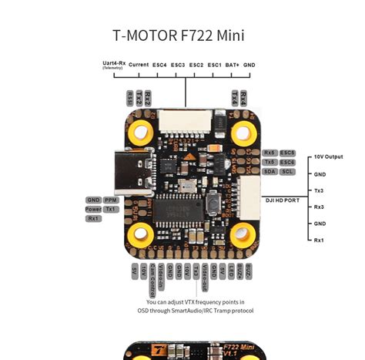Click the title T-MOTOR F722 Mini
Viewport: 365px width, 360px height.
[183, 35]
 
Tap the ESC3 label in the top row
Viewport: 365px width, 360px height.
[178, 65]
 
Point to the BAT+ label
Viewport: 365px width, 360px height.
[232, 65]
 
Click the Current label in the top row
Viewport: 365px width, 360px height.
[139, 65]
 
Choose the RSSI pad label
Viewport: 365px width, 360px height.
[129, 97]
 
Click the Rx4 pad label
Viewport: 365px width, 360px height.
[243, 97]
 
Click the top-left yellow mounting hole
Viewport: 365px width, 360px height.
[139, 124]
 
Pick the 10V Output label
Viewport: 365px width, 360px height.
[329, 156]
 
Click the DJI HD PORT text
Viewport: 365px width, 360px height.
[282, 200]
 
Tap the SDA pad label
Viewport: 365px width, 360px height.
[270, 171]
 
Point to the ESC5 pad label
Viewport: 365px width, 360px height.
[288, 153]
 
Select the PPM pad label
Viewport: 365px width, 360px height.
[111, 200]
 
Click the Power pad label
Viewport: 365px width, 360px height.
[93, 209]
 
